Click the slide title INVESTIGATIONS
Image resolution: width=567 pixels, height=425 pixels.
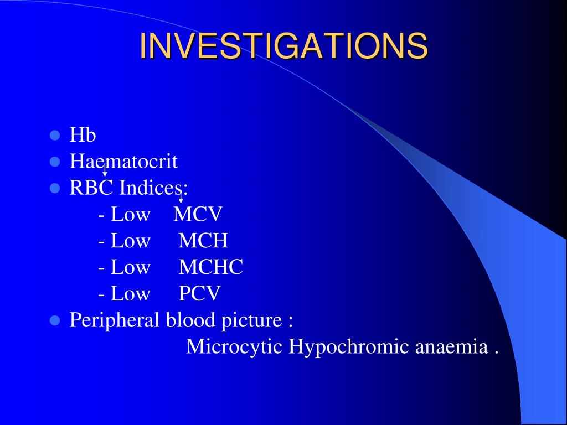pyautogui.click(x=284, y=45)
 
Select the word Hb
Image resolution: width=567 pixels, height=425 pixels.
pyautogui.click(x=83, y=135)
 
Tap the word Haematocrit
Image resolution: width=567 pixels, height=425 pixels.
pyautogui.click(x=123, y=161)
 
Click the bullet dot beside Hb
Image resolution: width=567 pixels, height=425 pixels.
pyautogui.click(x=55, y=136)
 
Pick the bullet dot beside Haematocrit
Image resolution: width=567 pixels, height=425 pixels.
pyautogui.click(x=55, y=162)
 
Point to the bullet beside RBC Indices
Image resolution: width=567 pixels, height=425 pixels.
pyautogui.click(x=55, y=188)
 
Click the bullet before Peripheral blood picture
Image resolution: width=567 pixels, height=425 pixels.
pyautogui.click(x=55, y=320)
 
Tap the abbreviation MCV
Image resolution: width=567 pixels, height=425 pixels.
pyautogui.click(x=198, y=214)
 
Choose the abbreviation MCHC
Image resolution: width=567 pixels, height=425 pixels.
pyautogui.click(x=211, y=267)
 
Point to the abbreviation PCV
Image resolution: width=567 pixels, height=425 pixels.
pyautogui.click(x=199, y=293)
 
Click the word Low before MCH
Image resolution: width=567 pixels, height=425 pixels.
pyautogui.click(x=130, y=240)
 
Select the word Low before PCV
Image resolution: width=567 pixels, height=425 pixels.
pyautogui.click(x=130, y=293)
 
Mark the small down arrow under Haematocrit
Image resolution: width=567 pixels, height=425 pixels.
pyautogui.click(x=105, y=170)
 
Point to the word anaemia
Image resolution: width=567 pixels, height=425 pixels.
pyautogui.click(x=452, y=347)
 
